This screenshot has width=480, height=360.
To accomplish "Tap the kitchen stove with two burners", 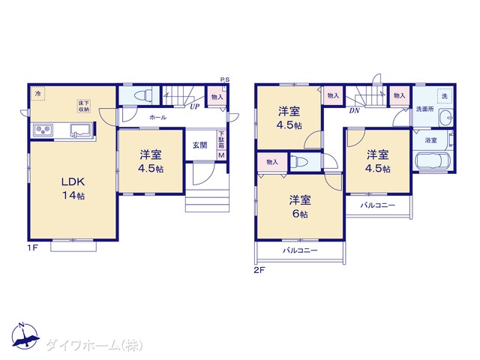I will point(42,131).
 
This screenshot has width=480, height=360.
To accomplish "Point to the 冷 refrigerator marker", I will point(38,94).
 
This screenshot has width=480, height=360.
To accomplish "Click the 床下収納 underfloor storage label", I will point(82,106).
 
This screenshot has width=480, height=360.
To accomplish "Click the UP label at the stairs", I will point(194,106).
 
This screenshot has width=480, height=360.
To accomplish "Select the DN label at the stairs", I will point(352,109).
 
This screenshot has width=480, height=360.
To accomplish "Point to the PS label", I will point(224,79).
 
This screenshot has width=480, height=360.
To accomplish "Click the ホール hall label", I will point(157,118).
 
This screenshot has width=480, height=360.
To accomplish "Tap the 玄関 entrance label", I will point(199,145).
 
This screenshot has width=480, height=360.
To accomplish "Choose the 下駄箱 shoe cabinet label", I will point(221,141).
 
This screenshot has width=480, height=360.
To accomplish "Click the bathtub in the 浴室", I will point(430,162).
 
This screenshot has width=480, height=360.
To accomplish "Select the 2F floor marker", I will point(260,269).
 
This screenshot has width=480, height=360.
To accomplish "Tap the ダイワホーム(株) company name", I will point(93,345).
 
